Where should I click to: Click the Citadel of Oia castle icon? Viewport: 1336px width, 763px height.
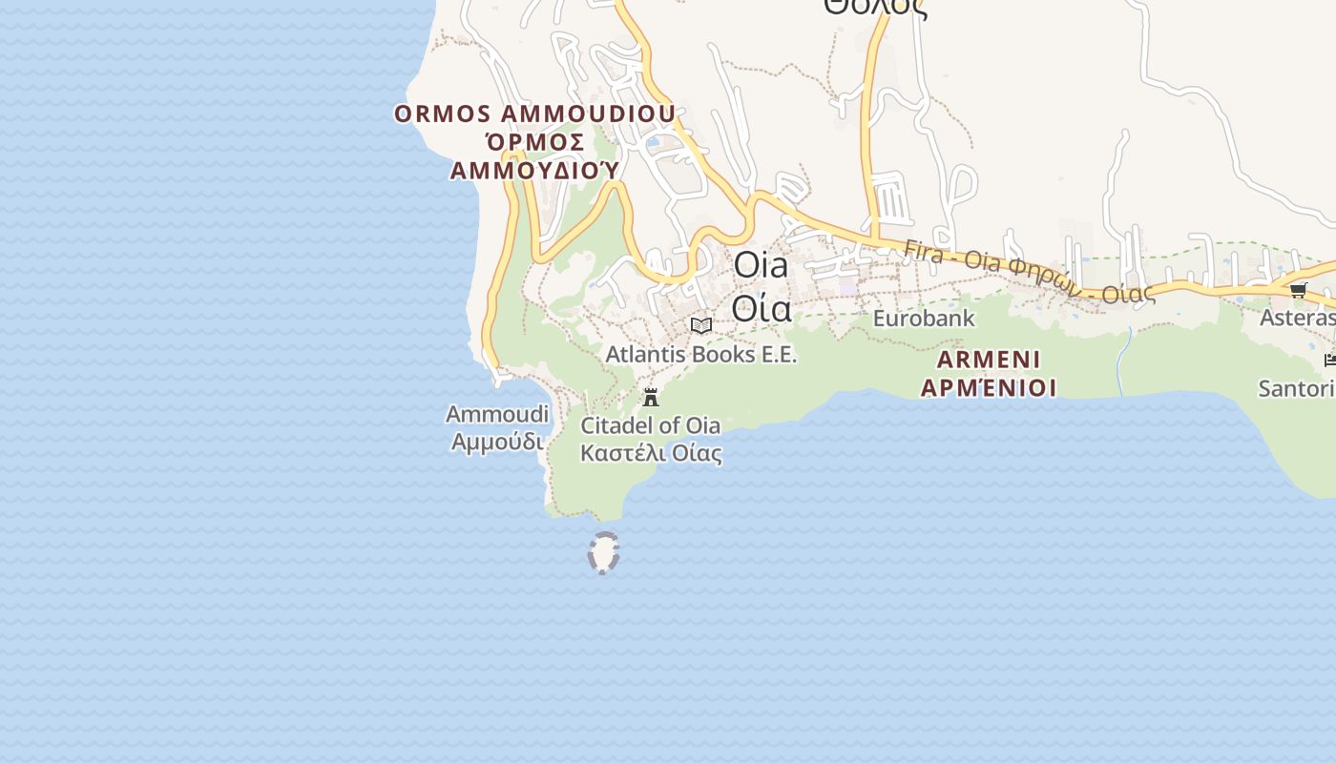(x=651, y=397)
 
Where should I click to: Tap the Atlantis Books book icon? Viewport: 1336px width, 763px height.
(x=701, y=326)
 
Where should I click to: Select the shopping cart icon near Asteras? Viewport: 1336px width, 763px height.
(x=1298, y=290)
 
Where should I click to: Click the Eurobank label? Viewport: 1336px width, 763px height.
(x=924, y=319)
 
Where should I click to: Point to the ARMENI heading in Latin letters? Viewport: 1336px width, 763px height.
(x=989, y=360)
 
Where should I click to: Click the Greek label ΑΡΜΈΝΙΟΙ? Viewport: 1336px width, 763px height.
(x=989, y=388)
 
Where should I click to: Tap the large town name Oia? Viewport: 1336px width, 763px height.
(x=762, y=265)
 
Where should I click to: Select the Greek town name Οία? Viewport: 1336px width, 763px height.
(x=762, y=307)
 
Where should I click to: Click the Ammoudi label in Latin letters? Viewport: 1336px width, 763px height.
(x=497, y=414)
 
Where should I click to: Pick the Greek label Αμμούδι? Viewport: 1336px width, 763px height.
(x=497, y=442)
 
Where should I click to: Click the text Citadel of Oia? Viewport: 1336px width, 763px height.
(x=651, y=425)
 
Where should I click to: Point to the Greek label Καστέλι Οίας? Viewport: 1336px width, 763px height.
(x=651, y=453)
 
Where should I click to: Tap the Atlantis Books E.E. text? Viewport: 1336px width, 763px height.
(x=701, y=354)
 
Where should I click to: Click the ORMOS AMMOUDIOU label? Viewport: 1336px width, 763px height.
(x=534, y=113)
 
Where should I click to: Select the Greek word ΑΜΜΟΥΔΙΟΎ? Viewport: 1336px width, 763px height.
(x=534, y=170)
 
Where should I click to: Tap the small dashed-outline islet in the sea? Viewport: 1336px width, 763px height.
(x=603, y=553)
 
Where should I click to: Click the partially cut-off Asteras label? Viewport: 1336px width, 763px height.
(x=1297, y=318)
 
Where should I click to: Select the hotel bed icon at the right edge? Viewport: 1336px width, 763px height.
(x=1329, y=360)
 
